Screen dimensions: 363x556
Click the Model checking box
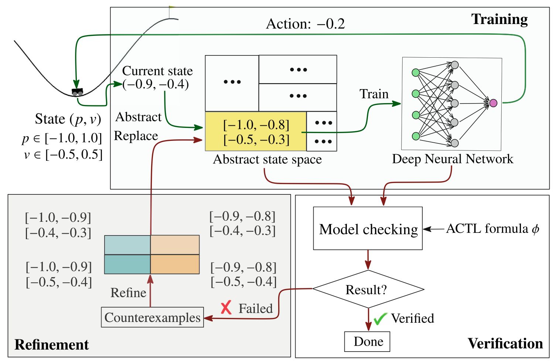[x=368, y=228]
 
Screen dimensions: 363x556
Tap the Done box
[x=367, y=342]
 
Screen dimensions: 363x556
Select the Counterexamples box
[x=152, y=317]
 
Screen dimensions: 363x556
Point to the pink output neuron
[x=493, y=103]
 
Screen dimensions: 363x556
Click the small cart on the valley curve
[x=77, y=92]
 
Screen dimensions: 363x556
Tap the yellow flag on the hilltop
[x=171, y=7]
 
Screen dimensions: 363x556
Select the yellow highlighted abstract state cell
[x=256, y=131]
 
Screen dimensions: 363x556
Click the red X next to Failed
[x=226, y=308]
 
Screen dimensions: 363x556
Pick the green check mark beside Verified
[x=379, y=318]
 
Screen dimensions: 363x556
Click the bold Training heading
[x=499, y=19]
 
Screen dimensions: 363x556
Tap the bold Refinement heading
[x=52, y=345]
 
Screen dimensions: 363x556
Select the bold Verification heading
[x=505, y=343]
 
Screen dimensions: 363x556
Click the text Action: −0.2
[x=305, y=24]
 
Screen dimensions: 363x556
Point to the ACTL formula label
[x=492, y=229]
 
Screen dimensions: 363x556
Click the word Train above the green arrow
[x=374, y=94]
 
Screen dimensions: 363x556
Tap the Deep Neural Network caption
[x=453, y=159]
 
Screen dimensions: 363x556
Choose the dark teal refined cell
[x=127, y=264]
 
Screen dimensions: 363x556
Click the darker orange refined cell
[x=175, y=264]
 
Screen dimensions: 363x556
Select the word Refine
[x=128, y=293]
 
